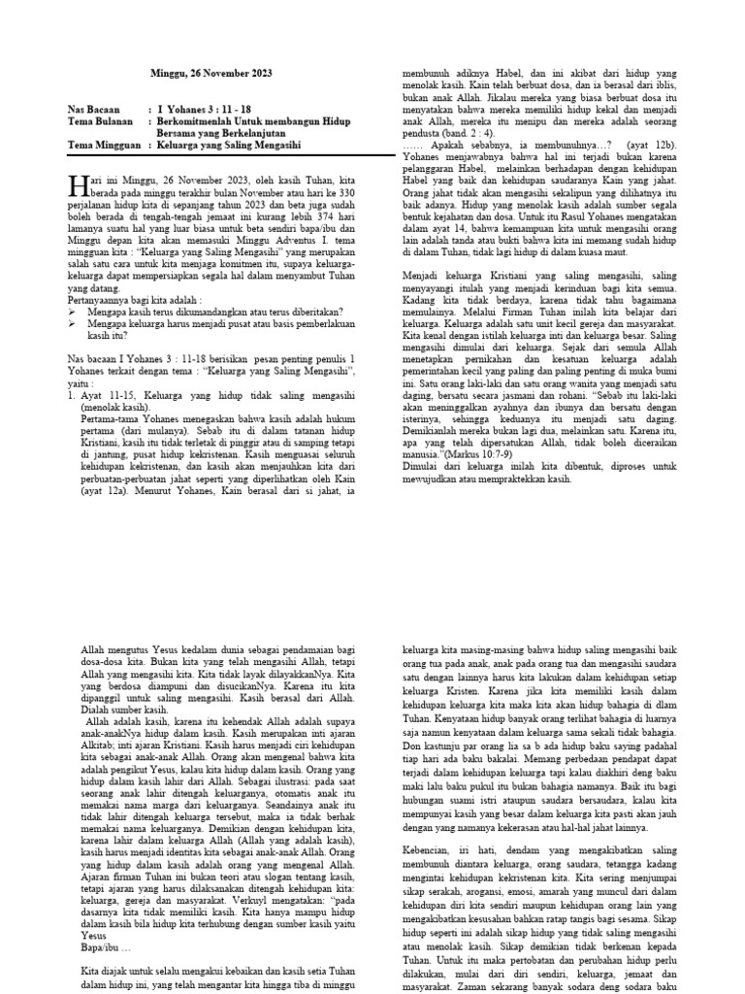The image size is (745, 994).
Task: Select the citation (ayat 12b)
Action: coord(669,144)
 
